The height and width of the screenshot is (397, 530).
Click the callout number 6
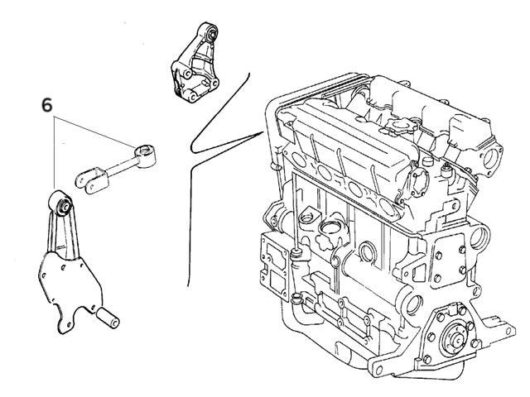47,106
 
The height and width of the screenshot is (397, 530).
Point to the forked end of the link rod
88,177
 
